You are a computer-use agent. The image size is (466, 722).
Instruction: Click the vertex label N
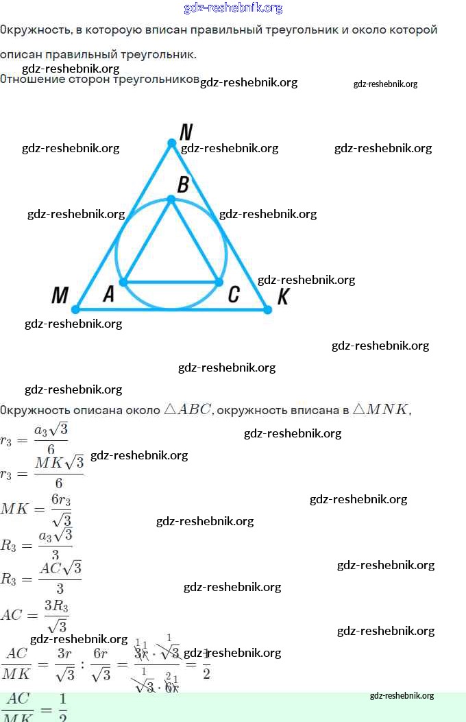pyautogui.click(x=186, y=131)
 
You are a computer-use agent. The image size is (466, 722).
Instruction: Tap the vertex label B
pyautogui.click(x=184, y=184)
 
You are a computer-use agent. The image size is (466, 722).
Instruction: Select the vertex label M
pyautogui.click(x=60, y=296)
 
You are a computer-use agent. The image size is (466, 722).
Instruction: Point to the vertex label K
pyautogui.click(x=284, y=297)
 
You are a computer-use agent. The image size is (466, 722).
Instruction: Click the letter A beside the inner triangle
pyautogui.click(x=108, y=295)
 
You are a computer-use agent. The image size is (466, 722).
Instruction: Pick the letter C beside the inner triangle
pyautogui.click(x=233, y=295)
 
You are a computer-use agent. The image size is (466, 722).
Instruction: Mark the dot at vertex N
pyautogui.click(x=172, y=143)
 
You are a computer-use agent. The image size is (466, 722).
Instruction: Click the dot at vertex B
pyautogui.click(x=171, y=199)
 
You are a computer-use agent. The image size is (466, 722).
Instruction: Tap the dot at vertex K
pyautogui.click(x=267, y=310)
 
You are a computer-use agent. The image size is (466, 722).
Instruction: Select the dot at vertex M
pyautogui.click(x=76, y=309)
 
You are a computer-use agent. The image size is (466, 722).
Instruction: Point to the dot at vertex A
pyautogui.click(x=123, y=282)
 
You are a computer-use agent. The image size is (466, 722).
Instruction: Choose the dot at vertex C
pyautogui.click(x=219, y=282)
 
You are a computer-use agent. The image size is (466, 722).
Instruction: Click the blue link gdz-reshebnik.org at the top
pyautogui.click(x=233, y=8)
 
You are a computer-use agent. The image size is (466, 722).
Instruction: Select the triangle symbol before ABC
pyautogui.click(x=171, y=410)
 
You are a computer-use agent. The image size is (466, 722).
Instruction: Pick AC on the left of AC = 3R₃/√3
pyautogui.click(x=12, y=615)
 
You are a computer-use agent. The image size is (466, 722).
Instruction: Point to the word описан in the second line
pyautogui.click(x=21, y=55)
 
